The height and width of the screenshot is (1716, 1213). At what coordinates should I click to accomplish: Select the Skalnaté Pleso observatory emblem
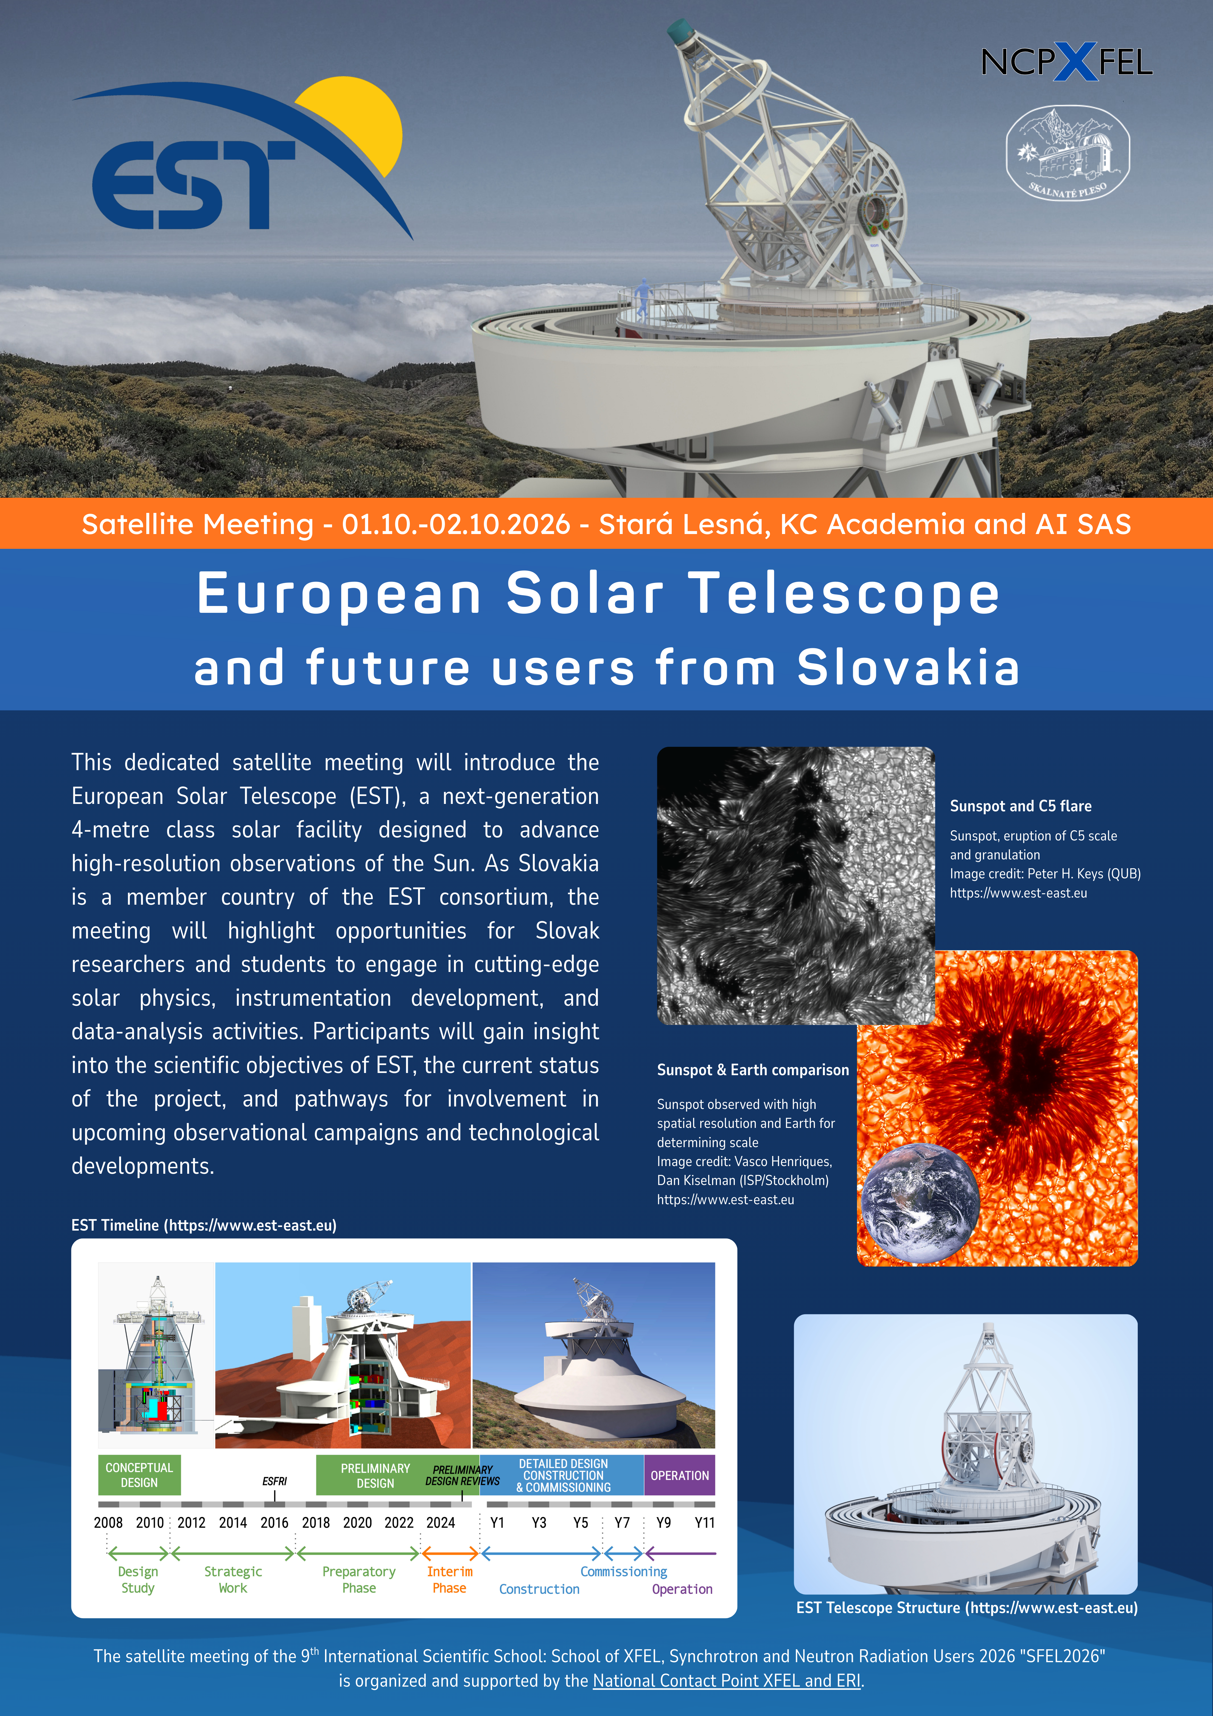point(1067,153)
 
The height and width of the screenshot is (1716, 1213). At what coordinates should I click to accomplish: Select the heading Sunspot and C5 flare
point(1020,806)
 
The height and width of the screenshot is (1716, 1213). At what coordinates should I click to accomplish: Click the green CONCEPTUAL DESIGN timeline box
point(139,1475)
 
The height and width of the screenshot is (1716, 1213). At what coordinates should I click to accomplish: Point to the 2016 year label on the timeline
point(274,1522)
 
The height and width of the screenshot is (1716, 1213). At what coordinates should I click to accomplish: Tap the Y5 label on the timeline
point(581,1522)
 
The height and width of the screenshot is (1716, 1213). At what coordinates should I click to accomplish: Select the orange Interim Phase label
point(449,1580)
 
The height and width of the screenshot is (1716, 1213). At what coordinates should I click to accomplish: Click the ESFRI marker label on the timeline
point(274,1481)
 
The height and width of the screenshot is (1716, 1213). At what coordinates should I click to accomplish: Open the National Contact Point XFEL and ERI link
point(726,1681)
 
